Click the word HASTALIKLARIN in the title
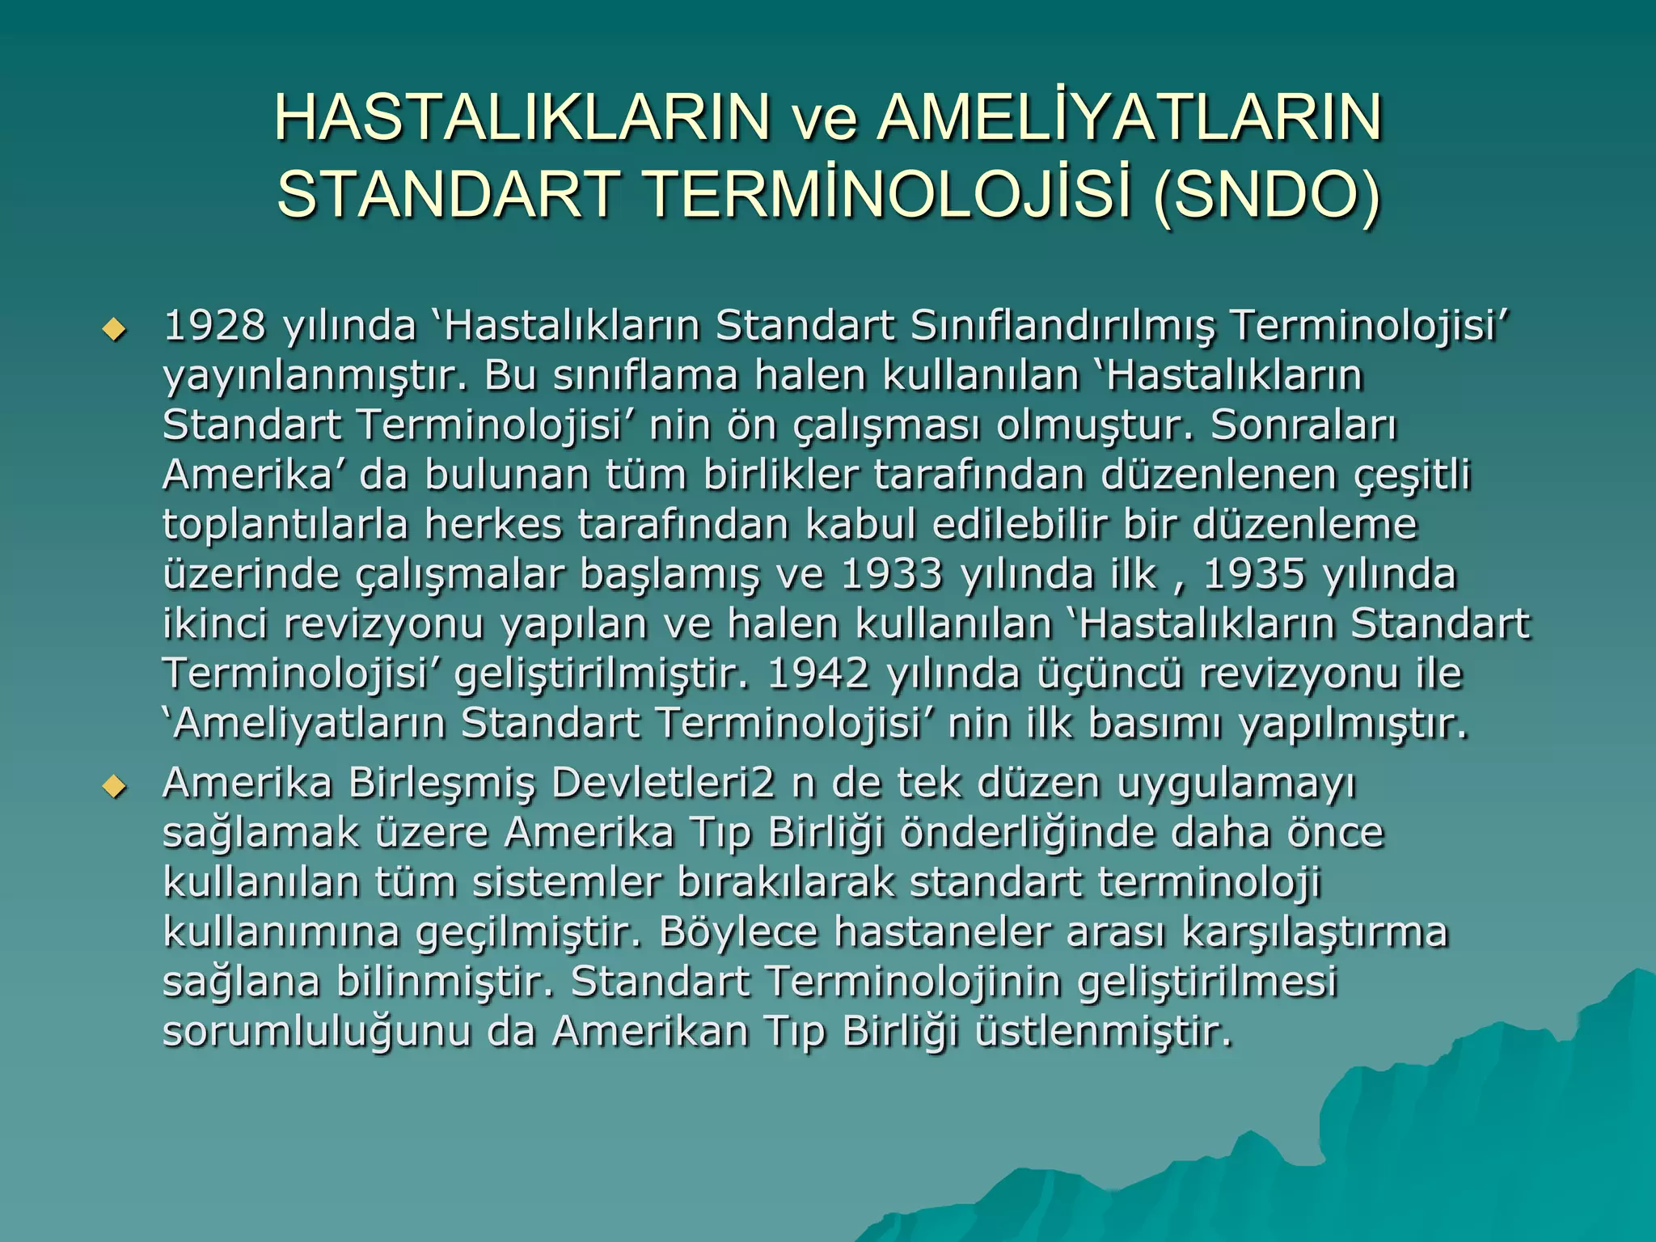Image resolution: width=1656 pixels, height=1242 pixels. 522,118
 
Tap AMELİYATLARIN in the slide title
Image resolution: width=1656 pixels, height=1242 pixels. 1130,118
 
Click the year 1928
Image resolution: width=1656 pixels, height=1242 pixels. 214,326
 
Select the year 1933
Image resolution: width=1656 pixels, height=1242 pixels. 892,575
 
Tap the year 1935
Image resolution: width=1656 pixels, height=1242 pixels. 1254,575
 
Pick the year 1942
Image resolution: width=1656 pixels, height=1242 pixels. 818,674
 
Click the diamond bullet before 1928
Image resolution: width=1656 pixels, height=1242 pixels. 115,329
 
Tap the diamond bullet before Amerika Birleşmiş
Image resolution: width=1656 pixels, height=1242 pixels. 115,786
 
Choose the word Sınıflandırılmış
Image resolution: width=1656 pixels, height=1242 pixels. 1062,326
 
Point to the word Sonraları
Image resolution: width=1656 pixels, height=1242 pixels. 1303,425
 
